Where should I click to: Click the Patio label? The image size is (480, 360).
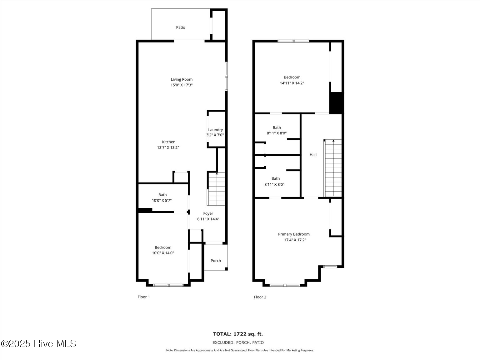(x=180, y=27)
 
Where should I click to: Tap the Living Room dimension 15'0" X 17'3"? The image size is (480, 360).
(x=182, y=85)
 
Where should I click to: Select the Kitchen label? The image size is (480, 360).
(x=168, y=142)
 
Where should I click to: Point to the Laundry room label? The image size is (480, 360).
(x=215, y=130)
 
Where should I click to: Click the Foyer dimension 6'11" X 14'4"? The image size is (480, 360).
(x=208, y=219)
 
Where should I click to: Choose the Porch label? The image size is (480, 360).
(x=216, y=261)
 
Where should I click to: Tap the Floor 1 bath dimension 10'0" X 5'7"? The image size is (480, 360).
(x=162, y=200)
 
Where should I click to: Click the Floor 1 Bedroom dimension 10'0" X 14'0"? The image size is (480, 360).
(x=163, y=253)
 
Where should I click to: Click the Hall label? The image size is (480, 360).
(x=313, y=155)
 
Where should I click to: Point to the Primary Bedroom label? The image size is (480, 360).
(x=294, y=234)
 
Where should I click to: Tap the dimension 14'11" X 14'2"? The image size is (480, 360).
(x=292, y=83)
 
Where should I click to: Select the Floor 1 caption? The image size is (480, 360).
(x=144, y=297)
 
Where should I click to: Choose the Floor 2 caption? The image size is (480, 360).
(x=260, y=297)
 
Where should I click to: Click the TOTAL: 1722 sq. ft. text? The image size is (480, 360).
(x=238, y=334)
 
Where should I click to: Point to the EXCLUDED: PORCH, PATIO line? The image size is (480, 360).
(x=238, y=342)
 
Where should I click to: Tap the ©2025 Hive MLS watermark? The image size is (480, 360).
(x=38, y=344)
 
